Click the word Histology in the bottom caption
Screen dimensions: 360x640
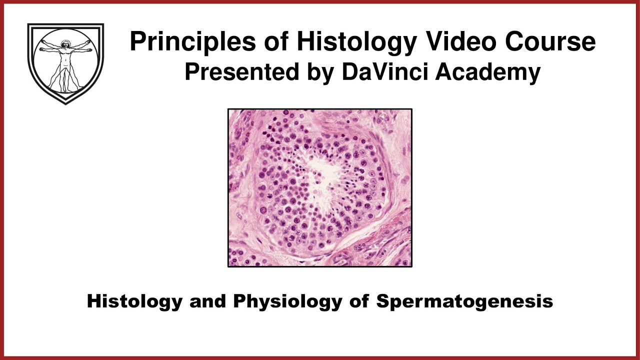[133, 301]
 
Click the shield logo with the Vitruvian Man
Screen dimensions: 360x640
[65, 62]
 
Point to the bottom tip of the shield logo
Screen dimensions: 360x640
[65, 103]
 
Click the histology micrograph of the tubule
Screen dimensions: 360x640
[320, 188]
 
